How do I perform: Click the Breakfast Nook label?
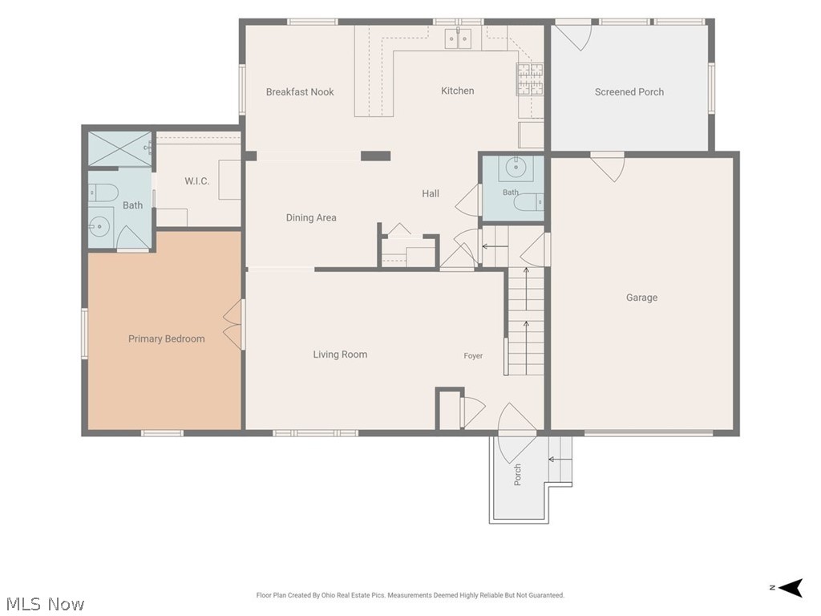[300, 92]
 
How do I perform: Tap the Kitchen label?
[457, 91]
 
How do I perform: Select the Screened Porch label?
[629, 92]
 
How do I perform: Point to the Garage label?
[641, 298]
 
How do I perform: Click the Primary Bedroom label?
[167, 339]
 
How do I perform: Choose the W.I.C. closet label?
[197, 181]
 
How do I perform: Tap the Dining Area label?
[311, 217]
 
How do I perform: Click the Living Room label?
[340, 355]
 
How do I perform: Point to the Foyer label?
[473, 355]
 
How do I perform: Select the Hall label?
[431, 194]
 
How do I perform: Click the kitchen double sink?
[458, 38]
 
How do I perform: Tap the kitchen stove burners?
[531, 79]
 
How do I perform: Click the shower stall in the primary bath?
[119, 148]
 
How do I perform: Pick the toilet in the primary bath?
[101, 192]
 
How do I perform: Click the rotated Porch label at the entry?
[517, 475]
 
